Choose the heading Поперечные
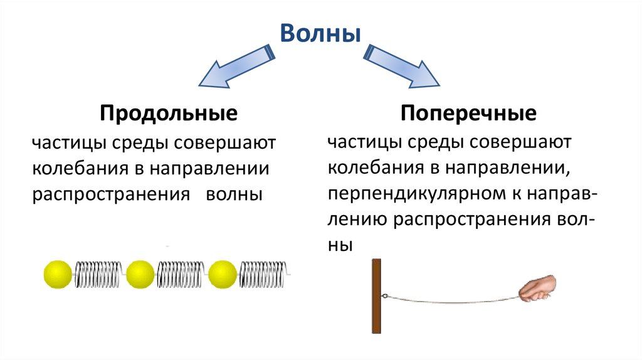(x=468, y=114)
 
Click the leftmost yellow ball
(x=58, y=274)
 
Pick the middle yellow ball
(x=140, y=274)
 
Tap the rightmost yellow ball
(x=223, y=274)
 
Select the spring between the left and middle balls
(x=100, y=274)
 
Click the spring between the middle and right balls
(x=182, y=274)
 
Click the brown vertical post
(x=376, y=295)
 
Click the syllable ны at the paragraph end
(x=339, y=246)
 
